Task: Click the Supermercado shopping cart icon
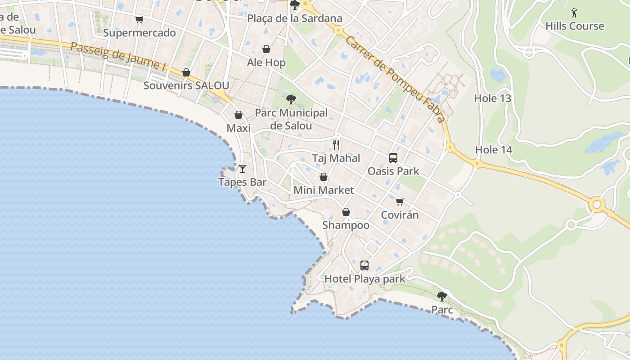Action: point(139,19)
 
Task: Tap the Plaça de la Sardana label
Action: point(295,18)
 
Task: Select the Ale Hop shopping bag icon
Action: point(266,49)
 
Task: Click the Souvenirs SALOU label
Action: point(186,85)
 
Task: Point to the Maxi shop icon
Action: point(238,115)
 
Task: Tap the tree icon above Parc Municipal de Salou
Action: point(291,99)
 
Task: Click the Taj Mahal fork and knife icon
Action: point(336,144)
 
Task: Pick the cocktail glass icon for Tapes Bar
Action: point(243,169)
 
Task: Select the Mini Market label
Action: point(324,190)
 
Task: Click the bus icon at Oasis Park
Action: point(393,157)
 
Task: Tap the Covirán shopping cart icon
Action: point(400,201)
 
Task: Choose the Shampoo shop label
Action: point(346,225)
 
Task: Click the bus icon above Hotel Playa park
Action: point(364,265)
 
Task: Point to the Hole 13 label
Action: point(493,98)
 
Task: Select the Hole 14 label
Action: point(494,150)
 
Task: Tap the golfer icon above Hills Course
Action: point(574,13)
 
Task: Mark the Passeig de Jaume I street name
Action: point(118,56)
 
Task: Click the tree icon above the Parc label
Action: point(442,296)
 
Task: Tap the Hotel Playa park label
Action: point(364,279)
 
